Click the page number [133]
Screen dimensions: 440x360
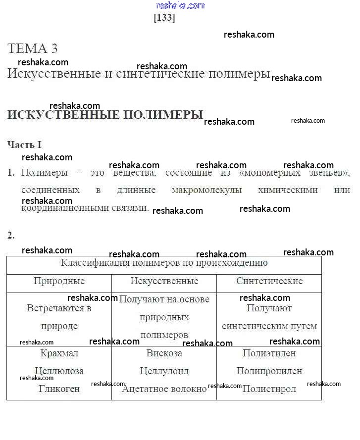point(164,18)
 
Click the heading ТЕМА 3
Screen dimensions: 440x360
point(33,49)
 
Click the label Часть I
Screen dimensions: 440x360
point(24,145)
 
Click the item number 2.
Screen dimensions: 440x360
point(11,236)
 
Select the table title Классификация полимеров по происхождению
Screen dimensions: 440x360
point(164,263)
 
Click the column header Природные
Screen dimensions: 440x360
point(59,281)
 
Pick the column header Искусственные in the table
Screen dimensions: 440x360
point(164,281)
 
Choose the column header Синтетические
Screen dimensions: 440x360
point(269,281)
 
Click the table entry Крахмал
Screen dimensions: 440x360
point(59,353)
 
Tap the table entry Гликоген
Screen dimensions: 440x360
point(59,389)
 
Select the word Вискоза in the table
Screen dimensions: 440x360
point(164,353)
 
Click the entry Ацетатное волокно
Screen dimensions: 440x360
point(164,389)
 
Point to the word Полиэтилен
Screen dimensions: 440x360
point(269,353)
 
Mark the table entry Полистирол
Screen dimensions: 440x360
point(269,389)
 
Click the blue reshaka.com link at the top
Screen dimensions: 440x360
point(180,5)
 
